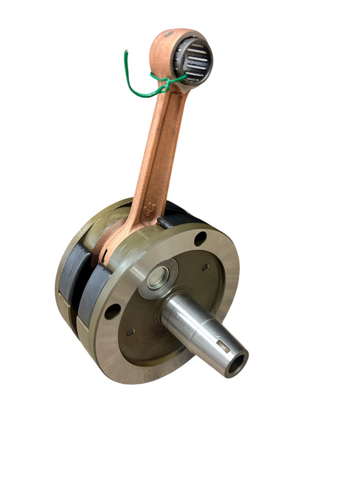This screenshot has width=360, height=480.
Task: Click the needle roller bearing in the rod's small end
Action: tap(195, 61)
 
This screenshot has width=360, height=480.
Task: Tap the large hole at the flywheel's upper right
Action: tap(200, 239)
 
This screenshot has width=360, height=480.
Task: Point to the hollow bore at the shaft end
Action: tap(237, 363)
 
